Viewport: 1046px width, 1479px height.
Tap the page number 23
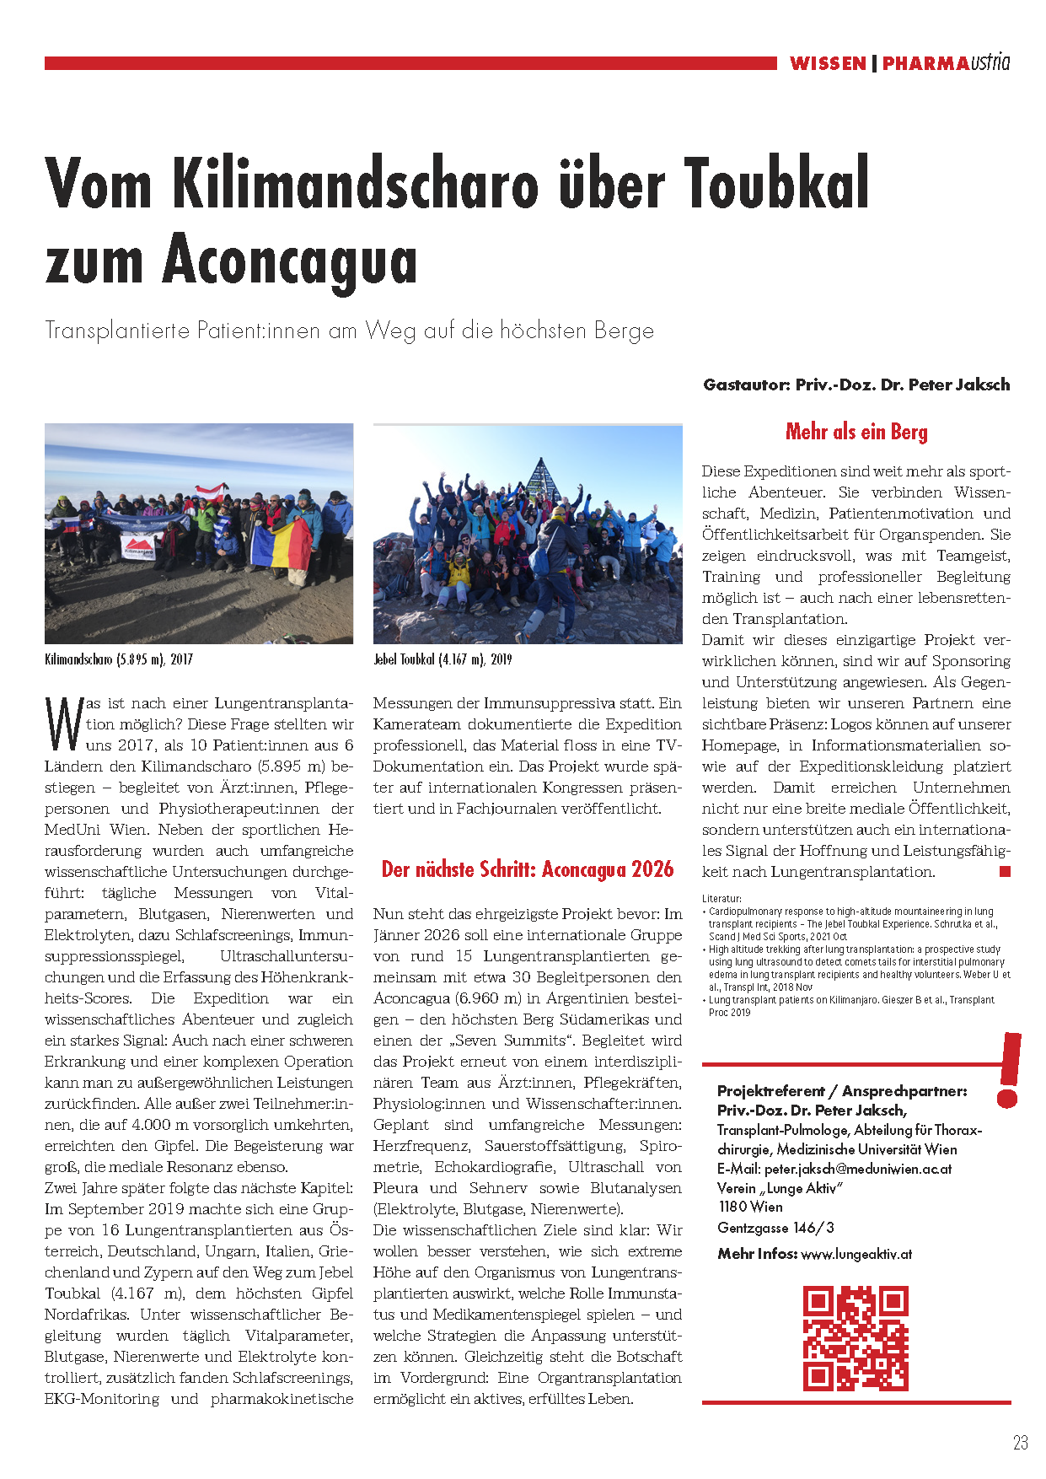(1020, 1443)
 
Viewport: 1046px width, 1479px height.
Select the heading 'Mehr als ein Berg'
(856, 432)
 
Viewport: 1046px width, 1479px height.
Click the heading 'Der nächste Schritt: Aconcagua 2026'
(528, 869)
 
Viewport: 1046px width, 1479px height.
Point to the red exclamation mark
(1008, 1069)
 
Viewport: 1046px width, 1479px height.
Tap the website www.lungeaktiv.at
(856, 1254)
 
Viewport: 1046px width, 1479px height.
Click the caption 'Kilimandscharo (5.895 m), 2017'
(119, 659)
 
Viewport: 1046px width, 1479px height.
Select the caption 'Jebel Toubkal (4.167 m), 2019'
(443, 659)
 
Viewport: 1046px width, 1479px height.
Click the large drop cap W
(64, 723)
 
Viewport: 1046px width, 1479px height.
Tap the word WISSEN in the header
(828, 63)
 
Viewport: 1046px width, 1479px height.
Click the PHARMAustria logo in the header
(946, 63)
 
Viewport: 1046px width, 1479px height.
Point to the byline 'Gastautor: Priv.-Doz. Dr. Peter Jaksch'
(856, 385)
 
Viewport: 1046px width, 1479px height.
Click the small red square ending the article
(1005, 872)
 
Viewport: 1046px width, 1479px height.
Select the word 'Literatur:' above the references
(721, 899)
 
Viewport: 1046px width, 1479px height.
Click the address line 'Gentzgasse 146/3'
(775, 1228)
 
